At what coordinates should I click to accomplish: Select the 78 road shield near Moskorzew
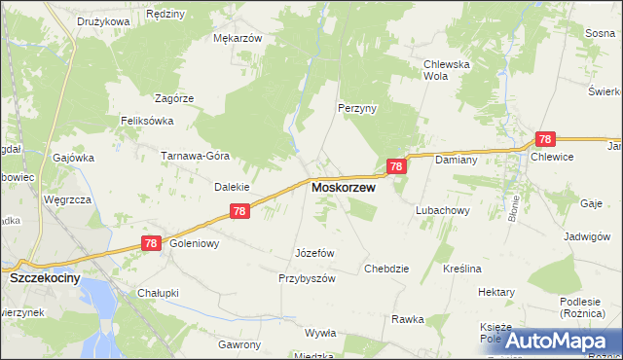[396, 167]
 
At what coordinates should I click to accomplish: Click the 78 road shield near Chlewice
[546, 140]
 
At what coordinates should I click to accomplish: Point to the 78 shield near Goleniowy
[151, 244]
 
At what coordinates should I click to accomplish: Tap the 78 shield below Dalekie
[240, 211]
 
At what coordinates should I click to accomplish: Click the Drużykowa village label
[103, 20]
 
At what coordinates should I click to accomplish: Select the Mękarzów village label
[238, 39]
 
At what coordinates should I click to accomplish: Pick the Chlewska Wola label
[447, 70]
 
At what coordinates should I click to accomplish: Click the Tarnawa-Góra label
[195, 156]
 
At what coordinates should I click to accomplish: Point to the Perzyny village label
[357, 108]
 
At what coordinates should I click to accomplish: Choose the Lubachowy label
[443, 210]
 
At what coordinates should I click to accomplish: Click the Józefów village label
[314, 253]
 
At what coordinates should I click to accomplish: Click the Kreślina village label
[462, 269]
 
